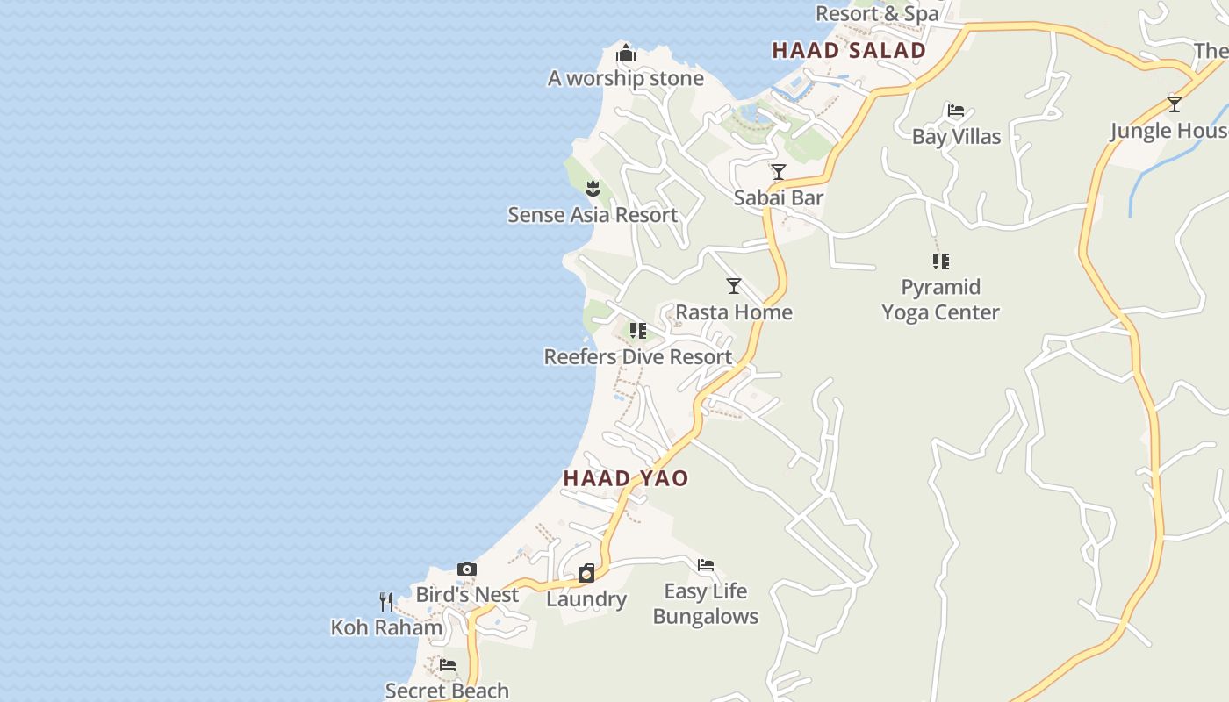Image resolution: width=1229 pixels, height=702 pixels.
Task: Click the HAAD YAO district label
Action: point(625,478)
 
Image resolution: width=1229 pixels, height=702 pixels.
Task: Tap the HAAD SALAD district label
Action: point(849,51)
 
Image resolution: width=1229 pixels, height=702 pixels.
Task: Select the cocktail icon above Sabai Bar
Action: point(778,171)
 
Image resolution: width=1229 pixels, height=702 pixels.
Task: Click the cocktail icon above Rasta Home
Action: point(733,285)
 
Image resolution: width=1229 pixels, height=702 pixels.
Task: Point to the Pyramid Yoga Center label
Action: point(940,299)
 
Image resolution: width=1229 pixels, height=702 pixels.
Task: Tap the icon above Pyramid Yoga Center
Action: point(940,261)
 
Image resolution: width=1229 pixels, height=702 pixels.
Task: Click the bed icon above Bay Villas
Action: point(956,111)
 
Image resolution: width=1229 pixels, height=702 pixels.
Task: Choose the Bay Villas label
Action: point(956,136)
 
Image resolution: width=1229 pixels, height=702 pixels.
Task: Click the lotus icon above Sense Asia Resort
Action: point(593,188)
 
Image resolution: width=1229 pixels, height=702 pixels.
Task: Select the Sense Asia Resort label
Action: point(593,215)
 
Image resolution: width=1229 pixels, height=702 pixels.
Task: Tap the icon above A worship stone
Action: point(625,54)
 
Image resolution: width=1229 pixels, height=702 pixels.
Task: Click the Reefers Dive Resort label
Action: point(637,357)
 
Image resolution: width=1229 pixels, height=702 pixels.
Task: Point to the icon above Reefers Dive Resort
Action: point(638,331)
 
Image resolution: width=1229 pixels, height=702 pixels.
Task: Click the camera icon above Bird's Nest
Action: point(467,569)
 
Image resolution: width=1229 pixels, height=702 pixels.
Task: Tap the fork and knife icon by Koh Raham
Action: point(385,601)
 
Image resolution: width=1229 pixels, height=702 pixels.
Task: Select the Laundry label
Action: point(586,599)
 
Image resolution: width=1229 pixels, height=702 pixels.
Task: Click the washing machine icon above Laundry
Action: point(586,573)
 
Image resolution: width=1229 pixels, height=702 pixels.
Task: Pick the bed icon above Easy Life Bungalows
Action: point(706,565)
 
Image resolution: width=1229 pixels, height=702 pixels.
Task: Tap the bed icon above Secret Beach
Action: point(448,665)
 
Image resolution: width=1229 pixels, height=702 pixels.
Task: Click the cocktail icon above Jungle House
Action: point(1175,104)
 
